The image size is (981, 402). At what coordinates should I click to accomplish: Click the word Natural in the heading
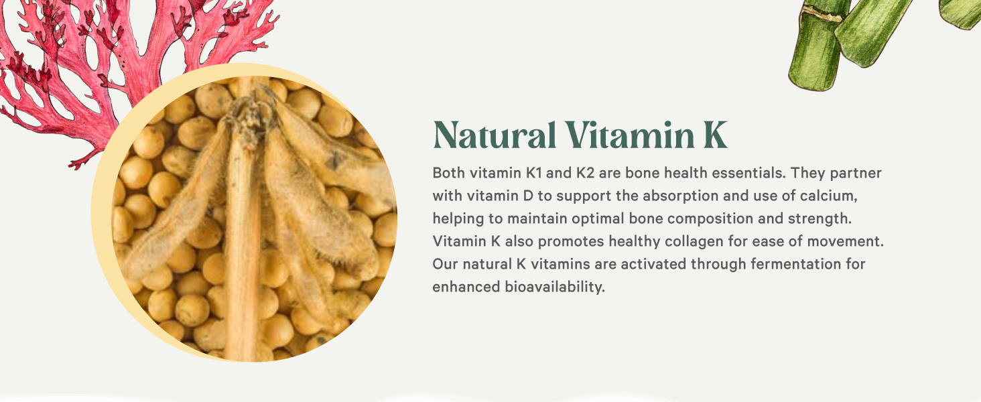495,135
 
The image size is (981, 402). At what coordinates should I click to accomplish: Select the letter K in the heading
714,135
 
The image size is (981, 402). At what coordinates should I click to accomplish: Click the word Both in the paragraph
448,173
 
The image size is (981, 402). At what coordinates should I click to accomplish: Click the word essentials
743,173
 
